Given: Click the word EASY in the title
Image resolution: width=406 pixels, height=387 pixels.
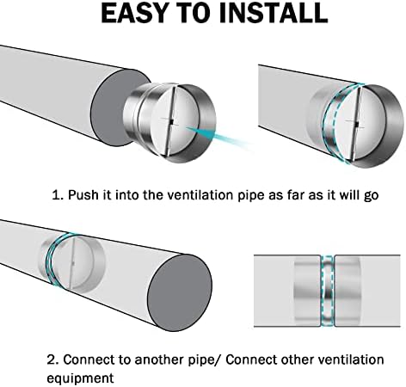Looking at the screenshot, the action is [134, 14].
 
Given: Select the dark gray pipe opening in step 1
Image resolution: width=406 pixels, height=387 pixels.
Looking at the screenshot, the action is [119, 107].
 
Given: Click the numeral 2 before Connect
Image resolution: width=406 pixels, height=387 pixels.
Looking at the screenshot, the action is [52, 359].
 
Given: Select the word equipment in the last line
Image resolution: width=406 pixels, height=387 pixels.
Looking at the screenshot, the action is [80, 378].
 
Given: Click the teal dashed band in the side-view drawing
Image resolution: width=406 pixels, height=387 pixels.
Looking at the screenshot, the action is [327, 291].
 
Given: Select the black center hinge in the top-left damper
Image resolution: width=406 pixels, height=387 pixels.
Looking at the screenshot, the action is [171, 122].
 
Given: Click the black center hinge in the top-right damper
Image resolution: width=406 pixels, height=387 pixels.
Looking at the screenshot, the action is [357, 124].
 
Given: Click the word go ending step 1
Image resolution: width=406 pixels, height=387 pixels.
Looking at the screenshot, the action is [371, 196].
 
